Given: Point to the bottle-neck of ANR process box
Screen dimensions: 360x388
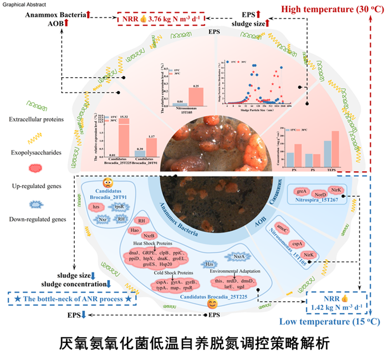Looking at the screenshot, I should pyautogui.click(x=73, y=299).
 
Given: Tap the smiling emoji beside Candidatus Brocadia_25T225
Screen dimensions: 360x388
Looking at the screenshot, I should pyautogui.click(x=211, y=303).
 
